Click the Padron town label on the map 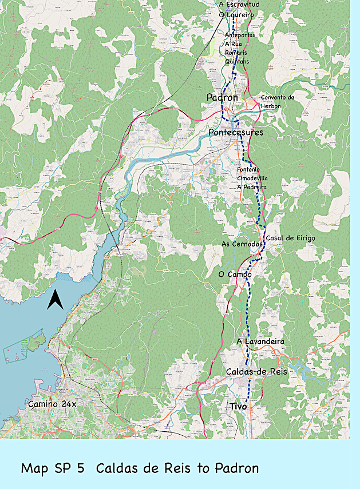tap(222, 98)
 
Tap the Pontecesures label tap(236, 133)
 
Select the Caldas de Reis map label tap(256, 372)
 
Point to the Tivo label tap(238, 406)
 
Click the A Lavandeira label tap(260, 341)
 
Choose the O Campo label tap(235, 275)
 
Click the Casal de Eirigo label tap(290, 238)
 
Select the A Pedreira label tap(251, 187)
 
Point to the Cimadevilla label tap(252, 178)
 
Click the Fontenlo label tap(248, 169)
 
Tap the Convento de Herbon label tap(278, 101)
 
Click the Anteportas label tap(240, 35)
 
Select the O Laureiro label tap(236, 14)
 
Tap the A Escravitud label tap(239, 5)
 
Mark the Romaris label tap(236, 52)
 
